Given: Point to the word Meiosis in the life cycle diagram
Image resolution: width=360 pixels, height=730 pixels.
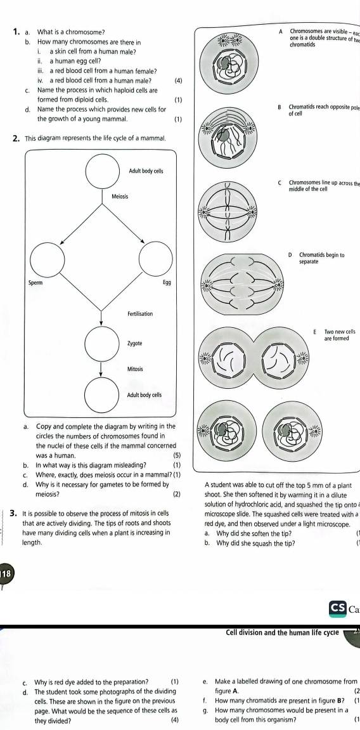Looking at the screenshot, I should (120, 196).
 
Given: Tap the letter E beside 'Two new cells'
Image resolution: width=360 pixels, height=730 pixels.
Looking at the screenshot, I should (314, 332).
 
